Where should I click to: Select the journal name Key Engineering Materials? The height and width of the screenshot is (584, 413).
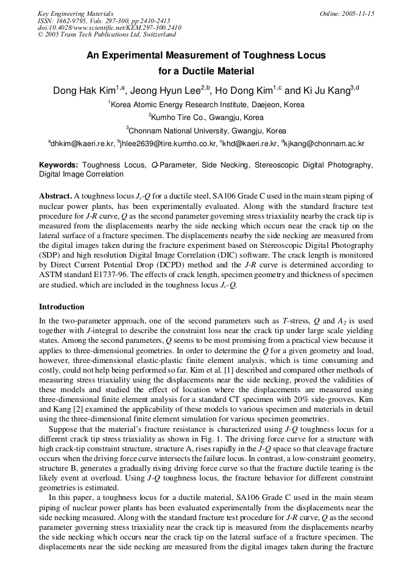click(76, 13)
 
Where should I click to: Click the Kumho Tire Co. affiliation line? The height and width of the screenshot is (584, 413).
click(206, 118)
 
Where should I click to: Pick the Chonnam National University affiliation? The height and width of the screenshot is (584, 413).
click(206, 131)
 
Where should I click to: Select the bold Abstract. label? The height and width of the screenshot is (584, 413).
click(55, 197)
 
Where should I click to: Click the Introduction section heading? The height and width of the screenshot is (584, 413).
click(62, 306)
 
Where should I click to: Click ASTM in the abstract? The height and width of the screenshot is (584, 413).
click(51, 275)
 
